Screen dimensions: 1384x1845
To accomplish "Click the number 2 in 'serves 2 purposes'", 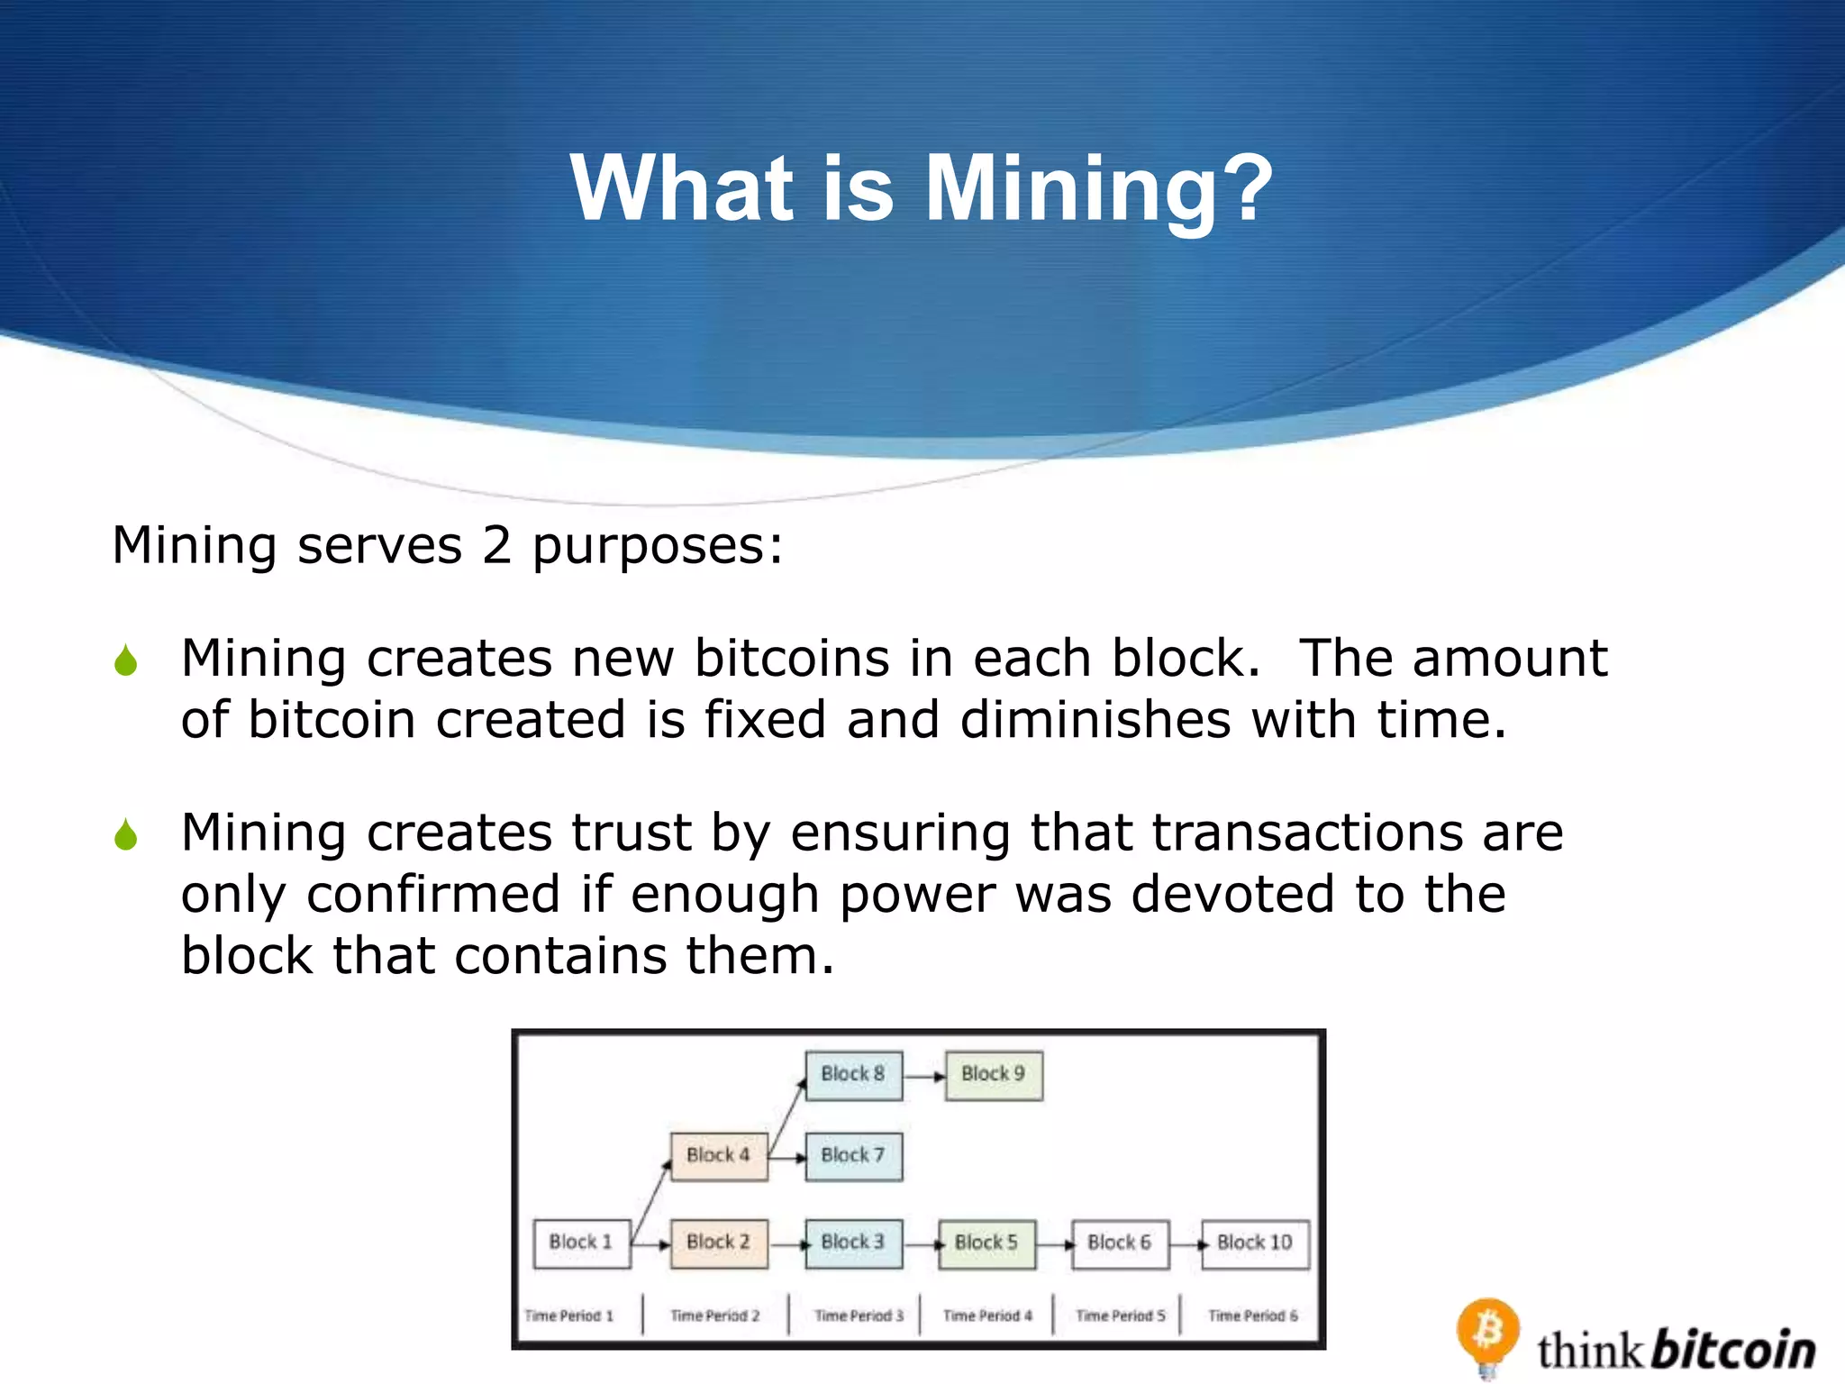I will (497, 545).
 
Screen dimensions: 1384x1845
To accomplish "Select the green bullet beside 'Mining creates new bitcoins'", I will (126, 660).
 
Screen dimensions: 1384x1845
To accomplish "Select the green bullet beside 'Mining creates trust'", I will (126, 834).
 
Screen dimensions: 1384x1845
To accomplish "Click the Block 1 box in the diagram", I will (581, 1243).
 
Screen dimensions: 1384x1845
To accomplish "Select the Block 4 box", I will (719, 1156).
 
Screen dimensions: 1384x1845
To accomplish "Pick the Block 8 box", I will (853, 1075).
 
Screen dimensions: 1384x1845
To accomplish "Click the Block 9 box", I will (994, 1075).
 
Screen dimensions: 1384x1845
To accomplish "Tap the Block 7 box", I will (853, 1156).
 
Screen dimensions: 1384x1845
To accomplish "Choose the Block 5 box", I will (986, 1243).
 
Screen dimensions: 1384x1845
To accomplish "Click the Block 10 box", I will (1255, 1243).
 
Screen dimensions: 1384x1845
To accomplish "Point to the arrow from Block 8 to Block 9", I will (924, 1076).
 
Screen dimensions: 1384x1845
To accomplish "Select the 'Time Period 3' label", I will (859, 1316).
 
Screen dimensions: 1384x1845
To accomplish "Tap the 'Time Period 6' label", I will (1253, 1316).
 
